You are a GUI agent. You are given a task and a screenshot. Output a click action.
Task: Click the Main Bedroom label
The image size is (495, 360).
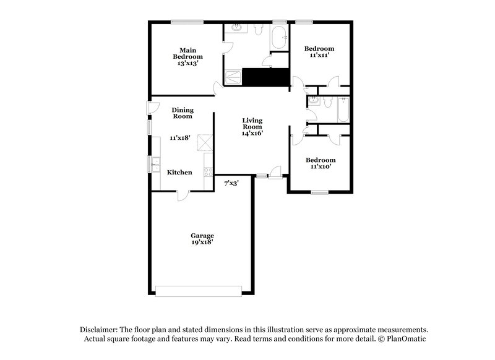pos(187,53)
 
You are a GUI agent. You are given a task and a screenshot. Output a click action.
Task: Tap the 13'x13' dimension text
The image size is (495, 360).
pos(187,63)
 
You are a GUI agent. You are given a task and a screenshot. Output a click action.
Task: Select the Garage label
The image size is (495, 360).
pos(202,236)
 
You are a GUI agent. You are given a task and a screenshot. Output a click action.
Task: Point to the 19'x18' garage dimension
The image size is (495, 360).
pos(202,242)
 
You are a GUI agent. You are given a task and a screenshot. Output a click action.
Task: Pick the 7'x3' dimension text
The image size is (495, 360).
pos(231,182)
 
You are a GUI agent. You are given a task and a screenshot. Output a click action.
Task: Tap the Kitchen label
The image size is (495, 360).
pos(179,172)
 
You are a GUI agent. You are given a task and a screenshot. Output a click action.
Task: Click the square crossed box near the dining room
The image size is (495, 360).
pos(204,143)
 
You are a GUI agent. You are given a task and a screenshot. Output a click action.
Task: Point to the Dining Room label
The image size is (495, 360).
pos(183,113)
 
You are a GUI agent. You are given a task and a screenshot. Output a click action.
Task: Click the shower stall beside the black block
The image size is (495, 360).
pos(233,77)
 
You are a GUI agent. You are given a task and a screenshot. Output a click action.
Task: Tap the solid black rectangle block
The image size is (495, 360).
pos(266,77)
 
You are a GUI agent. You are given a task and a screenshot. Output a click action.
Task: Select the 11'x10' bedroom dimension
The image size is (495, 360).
pos(320,167)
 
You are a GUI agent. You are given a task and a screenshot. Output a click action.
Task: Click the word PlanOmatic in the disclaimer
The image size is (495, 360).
pos(407,340)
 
